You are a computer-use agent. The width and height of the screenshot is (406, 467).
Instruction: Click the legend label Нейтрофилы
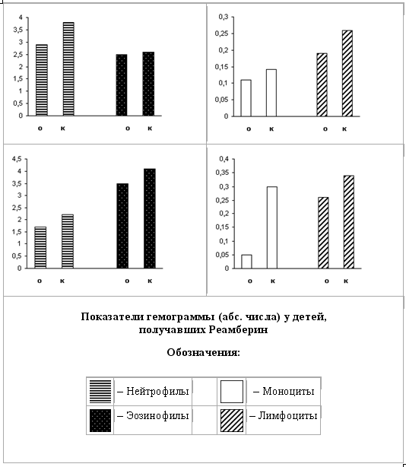157,391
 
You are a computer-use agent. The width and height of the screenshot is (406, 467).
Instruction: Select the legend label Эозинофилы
157,415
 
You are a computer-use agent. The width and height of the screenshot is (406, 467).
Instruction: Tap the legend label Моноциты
288,391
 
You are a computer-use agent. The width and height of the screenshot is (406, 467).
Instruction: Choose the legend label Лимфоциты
287,415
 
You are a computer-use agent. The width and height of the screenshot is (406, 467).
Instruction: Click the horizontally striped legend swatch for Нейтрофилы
100,392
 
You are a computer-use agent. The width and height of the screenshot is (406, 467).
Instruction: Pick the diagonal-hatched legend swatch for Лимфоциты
232,421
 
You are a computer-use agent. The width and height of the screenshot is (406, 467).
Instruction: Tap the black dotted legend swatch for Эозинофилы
100,421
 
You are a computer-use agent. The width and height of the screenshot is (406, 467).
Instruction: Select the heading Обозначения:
203,352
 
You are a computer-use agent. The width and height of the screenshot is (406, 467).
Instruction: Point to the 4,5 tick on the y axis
17,159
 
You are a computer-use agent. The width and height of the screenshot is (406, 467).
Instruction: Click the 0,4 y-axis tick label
224,159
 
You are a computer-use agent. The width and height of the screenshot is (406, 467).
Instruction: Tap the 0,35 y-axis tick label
222,173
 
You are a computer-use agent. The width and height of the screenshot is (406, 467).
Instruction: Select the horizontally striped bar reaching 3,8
68,68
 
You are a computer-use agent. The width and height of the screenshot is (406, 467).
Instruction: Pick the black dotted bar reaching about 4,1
150,218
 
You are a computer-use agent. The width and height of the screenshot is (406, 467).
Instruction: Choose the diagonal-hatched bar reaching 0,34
348,222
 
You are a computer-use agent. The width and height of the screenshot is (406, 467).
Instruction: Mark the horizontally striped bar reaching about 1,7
40,247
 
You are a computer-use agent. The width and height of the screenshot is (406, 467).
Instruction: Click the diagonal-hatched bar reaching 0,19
322,84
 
